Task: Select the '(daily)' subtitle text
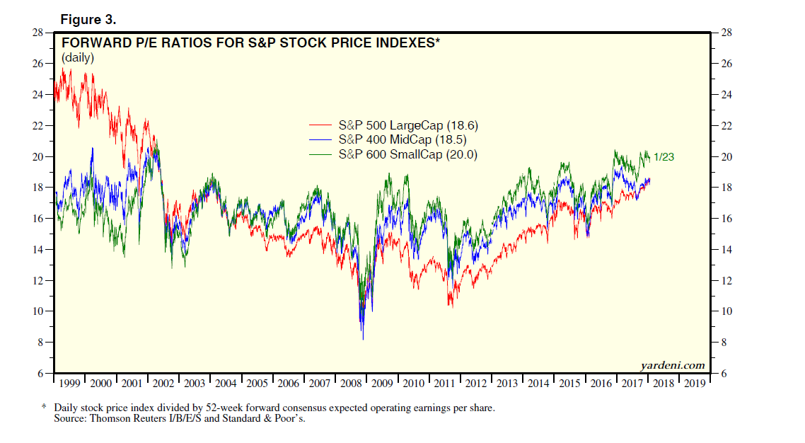(78, 57)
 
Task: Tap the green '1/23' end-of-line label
(664, 157)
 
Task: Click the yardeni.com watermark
(673, 365)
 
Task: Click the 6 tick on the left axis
(41, 373)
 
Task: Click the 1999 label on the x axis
(69, 383)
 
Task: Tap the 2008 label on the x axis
(352, 383)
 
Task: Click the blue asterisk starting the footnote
(43, 408)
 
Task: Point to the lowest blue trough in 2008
(363, 340)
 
